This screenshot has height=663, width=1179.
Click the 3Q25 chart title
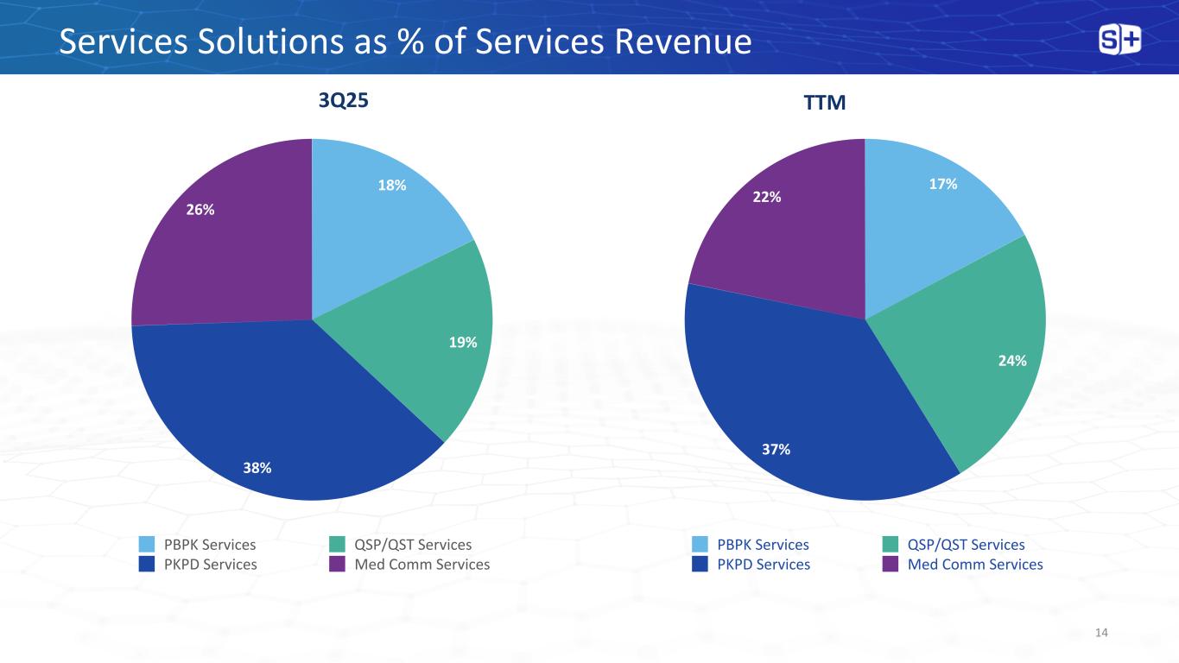coord(344,101)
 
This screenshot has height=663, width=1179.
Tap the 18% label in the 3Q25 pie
coord(392,185)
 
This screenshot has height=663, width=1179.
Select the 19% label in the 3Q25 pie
coord(464,343)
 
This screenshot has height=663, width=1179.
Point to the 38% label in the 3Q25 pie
coord(257,468)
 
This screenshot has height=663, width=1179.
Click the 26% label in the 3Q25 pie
coord(200,209)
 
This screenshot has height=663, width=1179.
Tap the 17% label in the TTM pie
coord(943,184)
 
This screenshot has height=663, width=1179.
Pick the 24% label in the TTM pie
coord(1012,361)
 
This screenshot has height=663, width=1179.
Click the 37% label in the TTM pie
coord(776,449)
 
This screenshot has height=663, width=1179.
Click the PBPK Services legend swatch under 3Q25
coord(148,545)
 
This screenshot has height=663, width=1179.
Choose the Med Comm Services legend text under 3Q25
coord(422,565)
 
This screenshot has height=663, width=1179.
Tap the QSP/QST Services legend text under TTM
coord(967,545)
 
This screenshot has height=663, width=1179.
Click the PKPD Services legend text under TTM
coord(764,565)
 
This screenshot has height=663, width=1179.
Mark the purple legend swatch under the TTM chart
coord(890,565)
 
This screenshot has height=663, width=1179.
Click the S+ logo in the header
coord(1119,40)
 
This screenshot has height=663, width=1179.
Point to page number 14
coord(1100,634)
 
